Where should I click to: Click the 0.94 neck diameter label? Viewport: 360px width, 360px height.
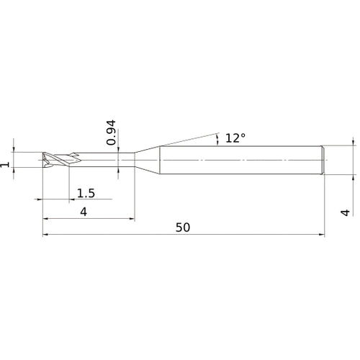point(111,132)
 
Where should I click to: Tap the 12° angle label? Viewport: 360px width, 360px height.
point(235,138)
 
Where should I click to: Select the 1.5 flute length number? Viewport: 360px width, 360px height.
point(86,193)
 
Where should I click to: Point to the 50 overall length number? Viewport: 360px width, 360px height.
point(183,228)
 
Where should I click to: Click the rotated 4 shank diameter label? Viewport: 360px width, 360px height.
point(346,212)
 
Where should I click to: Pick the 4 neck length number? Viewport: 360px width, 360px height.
point(84,212)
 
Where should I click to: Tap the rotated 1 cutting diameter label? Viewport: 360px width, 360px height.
point(5,165)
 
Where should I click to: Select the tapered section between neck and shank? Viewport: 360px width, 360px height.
point(147,160)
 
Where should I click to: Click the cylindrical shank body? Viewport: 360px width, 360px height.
point(240,160)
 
